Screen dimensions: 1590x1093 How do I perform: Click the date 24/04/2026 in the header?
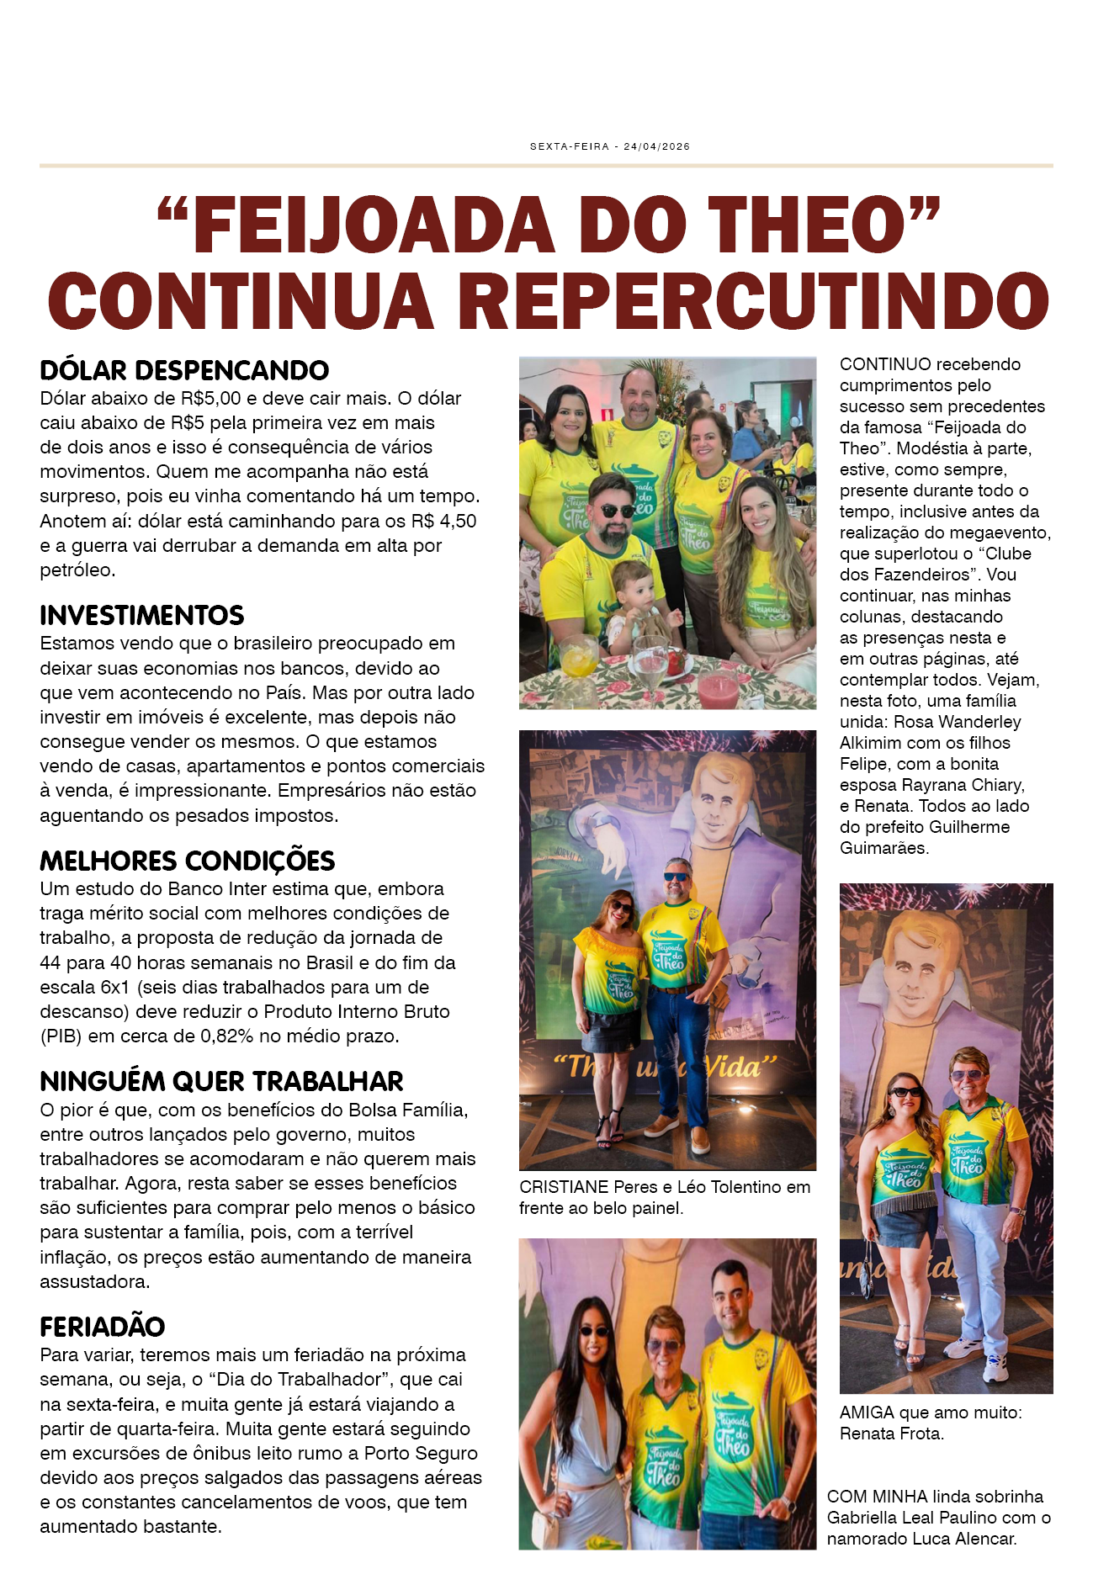pos(656,146)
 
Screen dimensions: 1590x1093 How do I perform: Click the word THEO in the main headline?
pos(813,225)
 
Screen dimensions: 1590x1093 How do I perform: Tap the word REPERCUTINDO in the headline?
pos(756,301)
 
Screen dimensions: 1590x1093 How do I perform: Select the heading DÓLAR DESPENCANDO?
pos(184,371)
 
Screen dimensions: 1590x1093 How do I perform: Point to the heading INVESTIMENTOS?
pos(141,616)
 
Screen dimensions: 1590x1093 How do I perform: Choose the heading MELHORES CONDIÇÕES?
pos(187,861)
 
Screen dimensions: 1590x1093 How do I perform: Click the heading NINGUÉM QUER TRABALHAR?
pos(221,1082)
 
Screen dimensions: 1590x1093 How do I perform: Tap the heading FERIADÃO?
pos(102,1328)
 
